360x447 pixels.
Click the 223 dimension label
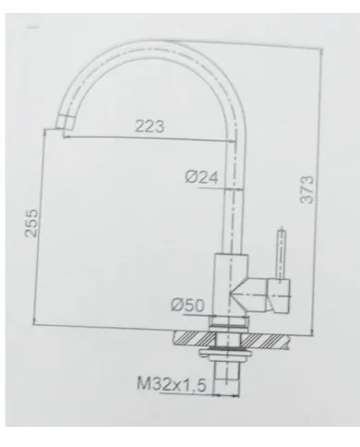point(149,126)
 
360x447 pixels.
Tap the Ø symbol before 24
point(188,179)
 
